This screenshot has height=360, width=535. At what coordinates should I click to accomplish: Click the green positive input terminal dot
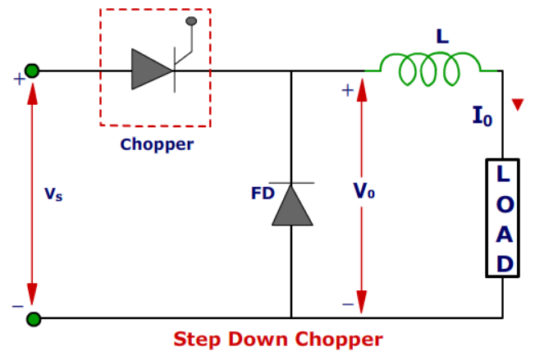(x=32, y=71)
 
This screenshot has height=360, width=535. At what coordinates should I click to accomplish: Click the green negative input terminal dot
(x=32, y=318)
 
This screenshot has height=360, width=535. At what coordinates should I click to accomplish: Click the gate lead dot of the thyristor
(x=192, y=20)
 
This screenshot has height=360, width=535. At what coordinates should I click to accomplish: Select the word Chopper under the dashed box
(x=157, y=145)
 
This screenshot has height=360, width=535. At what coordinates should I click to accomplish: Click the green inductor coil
(x=431, y=70)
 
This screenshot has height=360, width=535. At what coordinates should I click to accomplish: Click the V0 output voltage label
(x=364, y=190)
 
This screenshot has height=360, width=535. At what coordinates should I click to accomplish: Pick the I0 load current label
(x=482, y=116)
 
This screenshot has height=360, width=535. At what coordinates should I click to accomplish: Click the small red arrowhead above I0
(x=517, y=104)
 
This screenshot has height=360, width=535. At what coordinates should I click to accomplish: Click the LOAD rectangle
(x=503, y=217)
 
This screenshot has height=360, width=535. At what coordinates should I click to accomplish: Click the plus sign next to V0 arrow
(x=347, y=89)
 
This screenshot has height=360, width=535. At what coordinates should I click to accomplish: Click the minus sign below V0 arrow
(x=347, y=304)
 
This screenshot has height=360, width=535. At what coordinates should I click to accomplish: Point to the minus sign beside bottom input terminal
(x=17, y=305)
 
